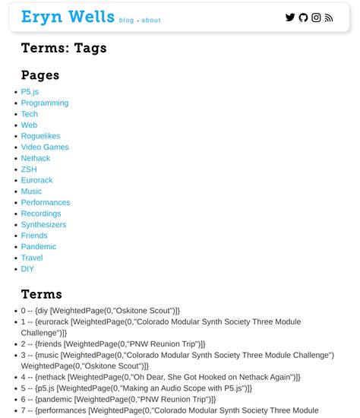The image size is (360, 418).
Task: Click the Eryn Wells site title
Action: (68, 17)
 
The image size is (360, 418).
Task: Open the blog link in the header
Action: (126, 21)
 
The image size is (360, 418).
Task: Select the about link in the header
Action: (151, 21)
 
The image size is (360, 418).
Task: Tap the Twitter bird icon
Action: (290, 17)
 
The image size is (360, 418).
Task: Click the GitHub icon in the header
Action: (303, 17)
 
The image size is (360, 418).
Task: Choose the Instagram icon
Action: (316, 17)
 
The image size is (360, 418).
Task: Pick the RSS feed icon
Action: (329, 17)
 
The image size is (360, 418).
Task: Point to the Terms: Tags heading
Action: (64, 48)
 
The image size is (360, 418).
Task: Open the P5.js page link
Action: (30, 92)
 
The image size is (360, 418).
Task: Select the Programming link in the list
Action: (45, 103)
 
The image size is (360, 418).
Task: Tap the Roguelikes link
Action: (40, 136)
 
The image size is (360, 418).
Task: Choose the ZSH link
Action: (29, 169)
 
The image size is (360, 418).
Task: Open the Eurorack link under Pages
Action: (37, 180)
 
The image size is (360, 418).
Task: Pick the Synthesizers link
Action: (43, 225)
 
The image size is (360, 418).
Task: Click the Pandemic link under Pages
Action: (38, 247)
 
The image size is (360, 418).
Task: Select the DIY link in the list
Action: (27, 269)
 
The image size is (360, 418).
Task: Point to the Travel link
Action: (32, 258)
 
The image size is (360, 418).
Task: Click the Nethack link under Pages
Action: (36, 158)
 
